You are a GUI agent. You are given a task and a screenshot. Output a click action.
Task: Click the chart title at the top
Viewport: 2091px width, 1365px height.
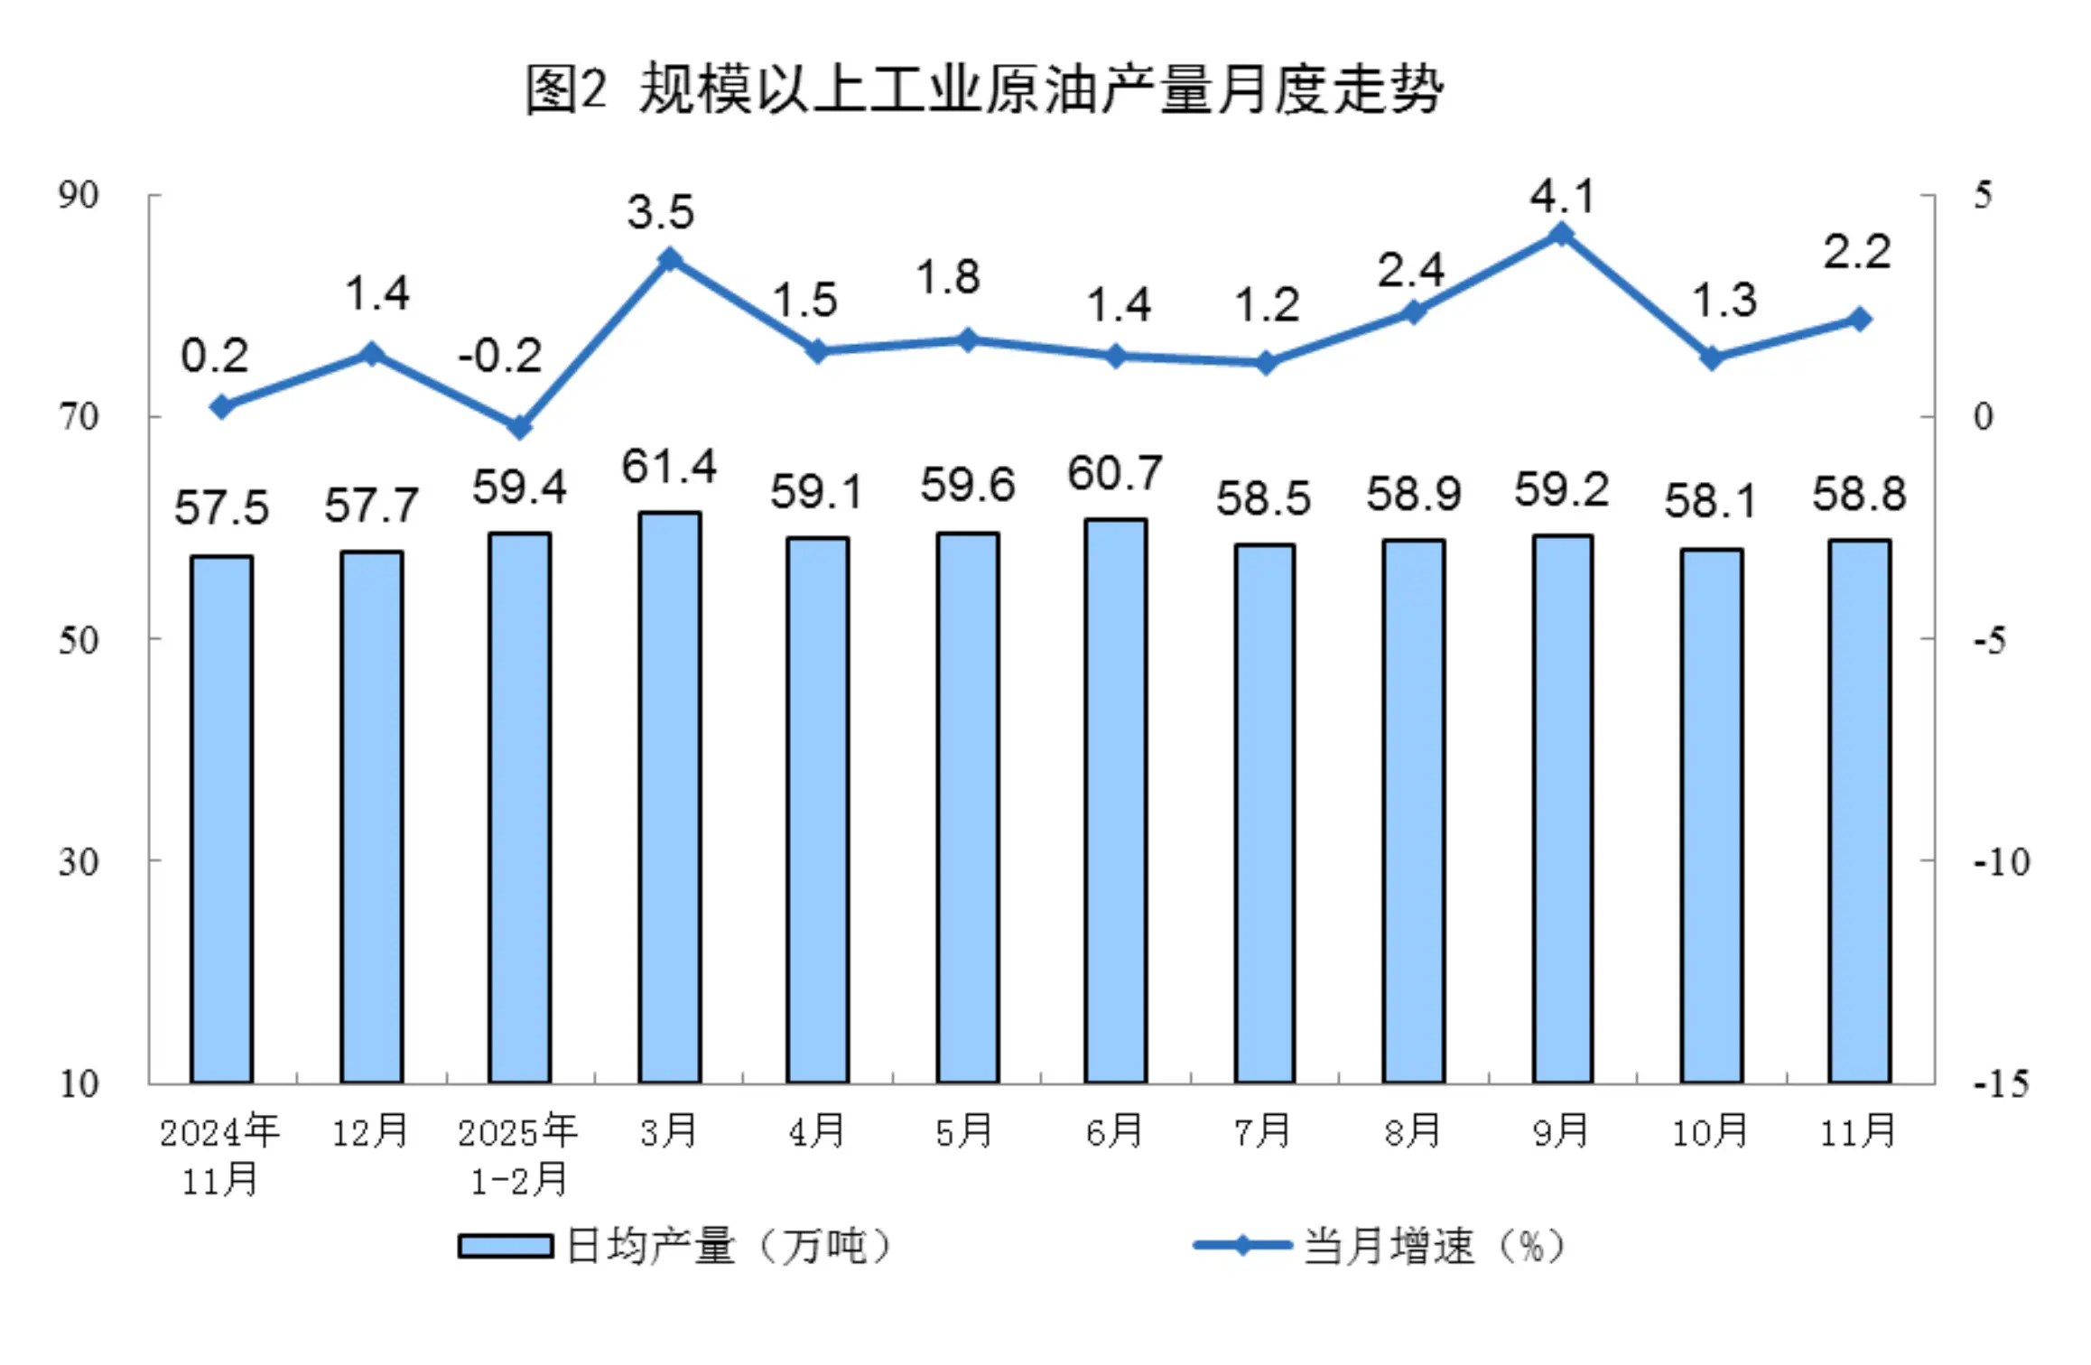(984, 90)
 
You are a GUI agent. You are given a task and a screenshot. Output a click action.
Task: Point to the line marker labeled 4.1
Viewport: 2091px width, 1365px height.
(1561, 235)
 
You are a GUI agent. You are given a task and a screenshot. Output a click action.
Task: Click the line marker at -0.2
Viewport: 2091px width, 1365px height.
(519, 426)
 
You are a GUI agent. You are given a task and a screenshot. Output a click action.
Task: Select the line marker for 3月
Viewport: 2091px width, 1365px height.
(669, 260)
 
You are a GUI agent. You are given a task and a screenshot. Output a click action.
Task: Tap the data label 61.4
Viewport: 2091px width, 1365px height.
(668, 467)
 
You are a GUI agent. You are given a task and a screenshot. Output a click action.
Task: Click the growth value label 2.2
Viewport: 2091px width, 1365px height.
(1856, 252)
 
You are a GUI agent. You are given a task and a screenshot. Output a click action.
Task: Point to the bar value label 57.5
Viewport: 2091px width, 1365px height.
(221, 506)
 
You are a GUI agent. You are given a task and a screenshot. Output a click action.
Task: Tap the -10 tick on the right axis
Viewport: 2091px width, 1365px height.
(2001, 862)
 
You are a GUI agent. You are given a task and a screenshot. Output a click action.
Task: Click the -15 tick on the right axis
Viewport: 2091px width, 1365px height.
(2001, 1083)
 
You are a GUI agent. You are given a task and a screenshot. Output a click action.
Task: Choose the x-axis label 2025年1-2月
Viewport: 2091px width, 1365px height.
(518, 1156)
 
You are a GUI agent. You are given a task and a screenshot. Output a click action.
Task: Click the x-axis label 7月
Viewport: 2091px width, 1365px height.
(1263, 1131)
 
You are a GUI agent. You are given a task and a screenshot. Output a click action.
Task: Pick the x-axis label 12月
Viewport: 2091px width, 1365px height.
(370, 1131)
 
